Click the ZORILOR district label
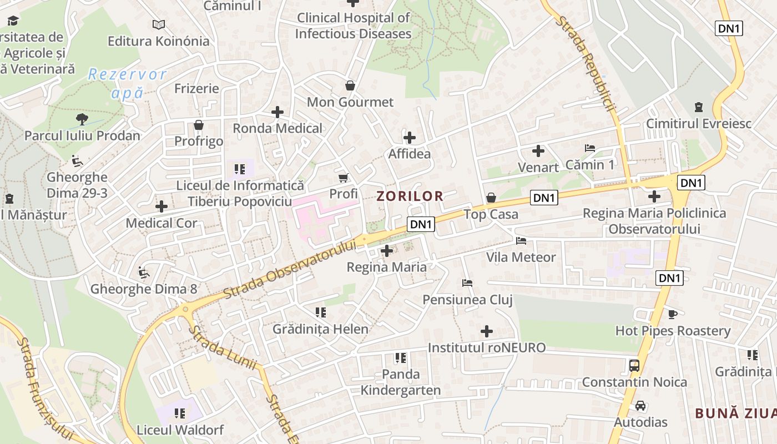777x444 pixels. [x=410, y=196]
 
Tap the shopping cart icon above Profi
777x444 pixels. [x=343, y=178]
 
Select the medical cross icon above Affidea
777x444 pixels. [x=410, y=138]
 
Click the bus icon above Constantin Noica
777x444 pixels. [x=634, y=366]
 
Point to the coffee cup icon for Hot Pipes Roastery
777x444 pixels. [x=673, y=315]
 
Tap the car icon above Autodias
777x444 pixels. [x=640, y=406]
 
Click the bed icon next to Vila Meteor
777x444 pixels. [x=521, y=241]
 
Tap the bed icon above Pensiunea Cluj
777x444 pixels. [x=467, y=283]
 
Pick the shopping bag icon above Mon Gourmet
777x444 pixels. [x=350, y=85]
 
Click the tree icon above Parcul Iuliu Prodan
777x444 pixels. [x=82, y=119]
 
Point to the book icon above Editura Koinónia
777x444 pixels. [x=159, y=24]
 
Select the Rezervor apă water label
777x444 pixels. [x=127, y=83]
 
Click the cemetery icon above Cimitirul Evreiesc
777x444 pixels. [x=698, y=107]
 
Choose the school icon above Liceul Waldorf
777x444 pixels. [x=180, y=413]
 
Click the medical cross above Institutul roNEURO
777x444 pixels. [x=487, y=332]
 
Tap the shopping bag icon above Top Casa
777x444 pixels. [x=491, y=198]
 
